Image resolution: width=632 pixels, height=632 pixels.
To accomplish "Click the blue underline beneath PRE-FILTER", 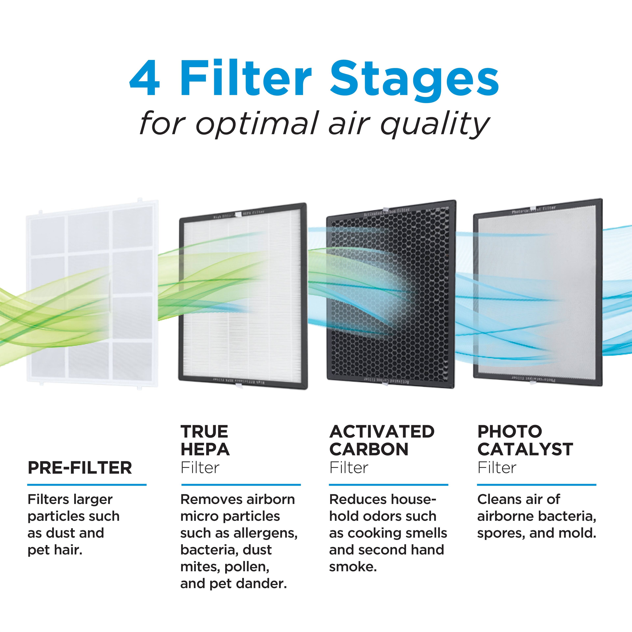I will click(87, 485).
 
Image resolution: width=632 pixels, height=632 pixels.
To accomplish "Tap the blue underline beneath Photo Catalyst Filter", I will click(537, 485).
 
